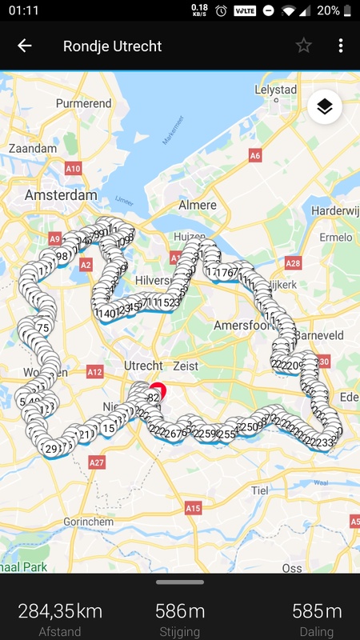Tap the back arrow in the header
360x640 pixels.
(25, 46)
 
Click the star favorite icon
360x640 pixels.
(303, 46)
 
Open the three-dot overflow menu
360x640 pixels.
(341, 46)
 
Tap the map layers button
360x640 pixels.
(324, 108)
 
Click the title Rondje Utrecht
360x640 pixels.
(112, 46)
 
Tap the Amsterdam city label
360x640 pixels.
(61, 195)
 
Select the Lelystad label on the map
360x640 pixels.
(275, 90)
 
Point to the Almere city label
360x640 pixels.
(197, 206)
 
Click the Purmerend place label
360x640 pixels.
(84, 104)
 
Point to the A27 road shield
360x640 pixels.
(97, 462)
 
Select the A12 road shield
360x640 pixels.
(95, 372)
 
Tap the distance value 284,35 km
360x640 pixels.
(60, 612)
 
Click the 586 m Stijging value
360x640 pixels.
(180, 612)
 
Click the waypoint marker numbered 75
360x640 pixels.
(43, 328)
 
